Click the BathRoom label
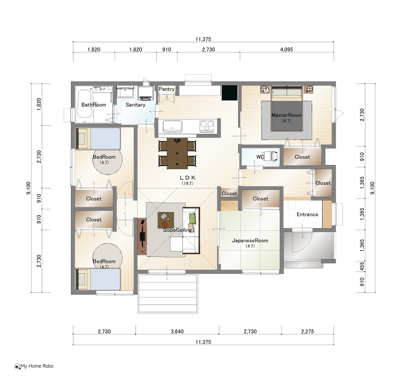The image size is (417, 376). click(94, 105)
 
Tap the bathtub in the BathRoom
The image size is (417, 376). click(84, 103)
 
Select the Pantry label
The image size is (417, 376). click(166, 89)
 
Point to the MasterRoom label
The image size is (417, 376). click(286, 115)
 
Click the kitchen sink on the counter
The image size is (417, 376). click(173, 126)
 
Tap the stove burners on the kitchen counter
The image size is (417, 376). click(206, 126)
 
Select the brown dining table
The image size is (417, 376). click(177, 153)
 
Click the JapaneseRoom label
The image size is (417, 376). click(250, 240)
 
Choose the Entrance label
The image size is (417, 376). click(307, 215)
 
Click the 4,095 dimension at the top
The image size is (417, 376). click(286, 50)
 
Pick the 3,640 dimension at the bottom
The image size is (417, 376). click(177, 332)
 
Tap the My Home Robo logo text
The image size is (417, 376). click(37, 366)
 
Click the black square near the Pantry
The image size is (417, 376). click(229, 93)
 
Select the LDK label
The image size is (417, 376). click(188, 178)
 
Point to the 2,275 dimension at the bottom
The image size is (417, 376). click(308, 332)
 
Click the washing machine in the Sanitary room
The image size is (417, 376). click(146, 93)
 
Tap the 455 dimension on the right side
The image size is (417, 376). click(362, 266)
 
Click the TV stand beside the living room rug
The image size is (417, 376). click(142, 237)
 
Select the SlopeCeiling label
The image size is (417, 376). click(177, 230)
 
